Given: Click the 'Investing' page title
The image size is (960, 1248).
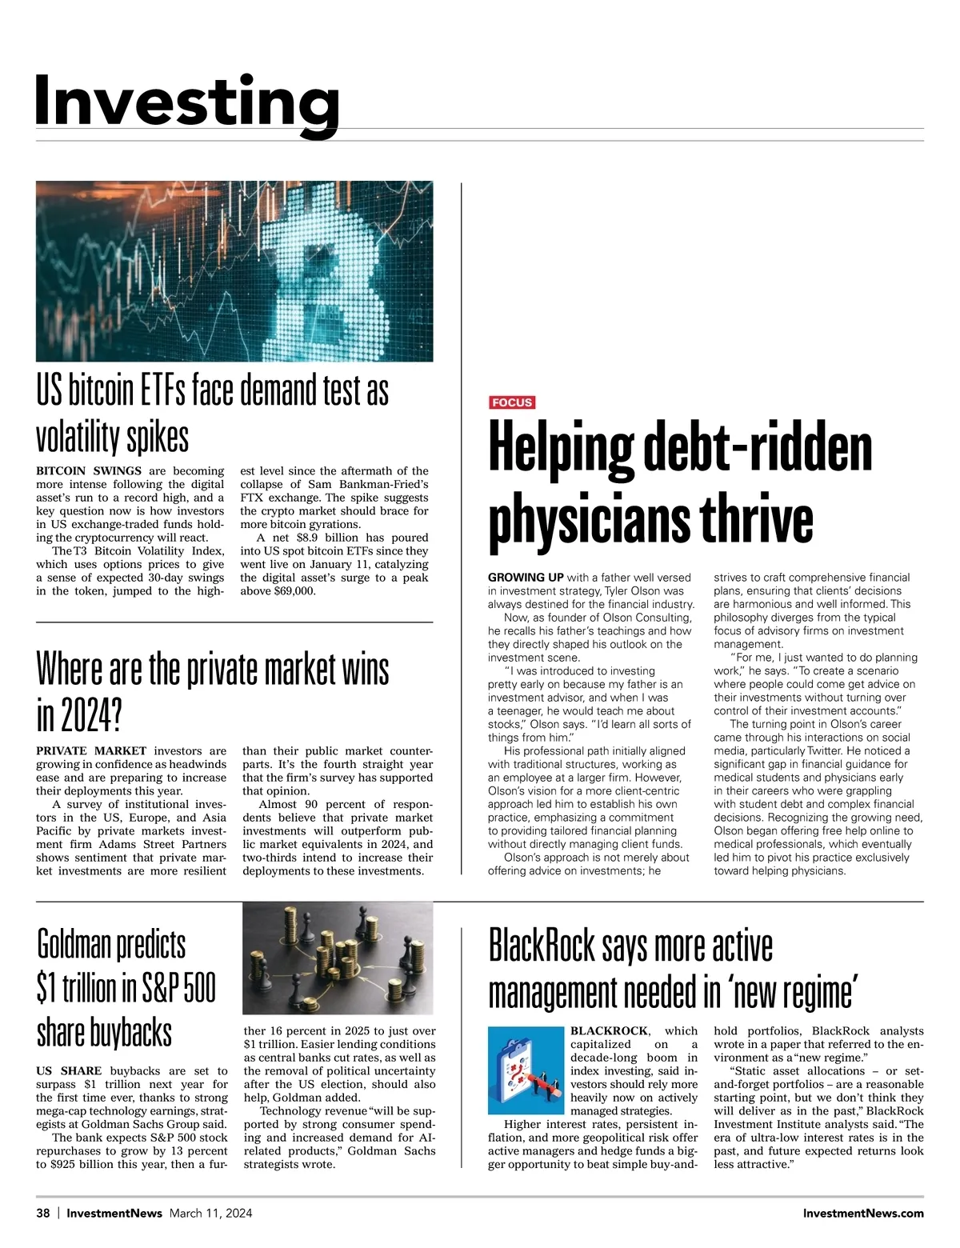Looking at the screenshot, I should click(187, 101).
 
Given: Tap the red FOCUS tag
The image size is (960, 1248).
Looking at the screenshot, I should click(512, 402).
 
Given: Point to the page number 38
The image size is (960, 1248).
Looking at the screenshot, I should click(43, 1213).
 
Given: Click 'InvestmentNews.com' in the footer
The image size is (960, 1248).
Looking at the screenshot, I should click(863, 1213).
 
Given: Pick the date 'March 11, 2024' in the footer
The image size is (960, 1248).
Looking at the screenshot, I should click(210, 1213).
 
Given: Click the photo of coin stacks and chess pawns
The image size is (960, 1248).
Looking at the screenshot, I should click(338, 958).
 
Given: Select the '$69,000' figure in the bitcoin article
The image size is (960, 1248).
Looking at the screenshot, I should click(294, 591).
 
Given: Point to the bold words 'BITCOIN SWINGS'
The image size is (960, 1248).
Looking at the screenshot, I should click(89, 470).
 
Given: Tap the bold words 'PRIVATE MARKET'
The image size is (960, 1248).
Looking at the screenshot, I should click(91, 750).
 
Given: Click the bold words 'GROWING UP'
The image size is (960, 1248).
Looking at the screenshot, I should click(526, 577).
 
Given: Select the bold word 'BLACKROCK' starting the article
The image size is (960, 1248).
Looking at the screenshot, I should click(609, 1030).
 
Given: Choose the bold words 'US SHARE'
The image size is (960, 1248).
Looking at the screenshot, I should click(69, 1070).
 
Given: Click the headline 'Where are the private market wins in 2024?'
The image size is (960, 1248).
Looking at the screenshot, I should click(213, 693).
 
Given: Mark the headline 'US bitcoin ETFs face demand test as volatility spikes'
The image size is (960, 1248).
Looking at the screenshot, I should click(213, 413).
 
